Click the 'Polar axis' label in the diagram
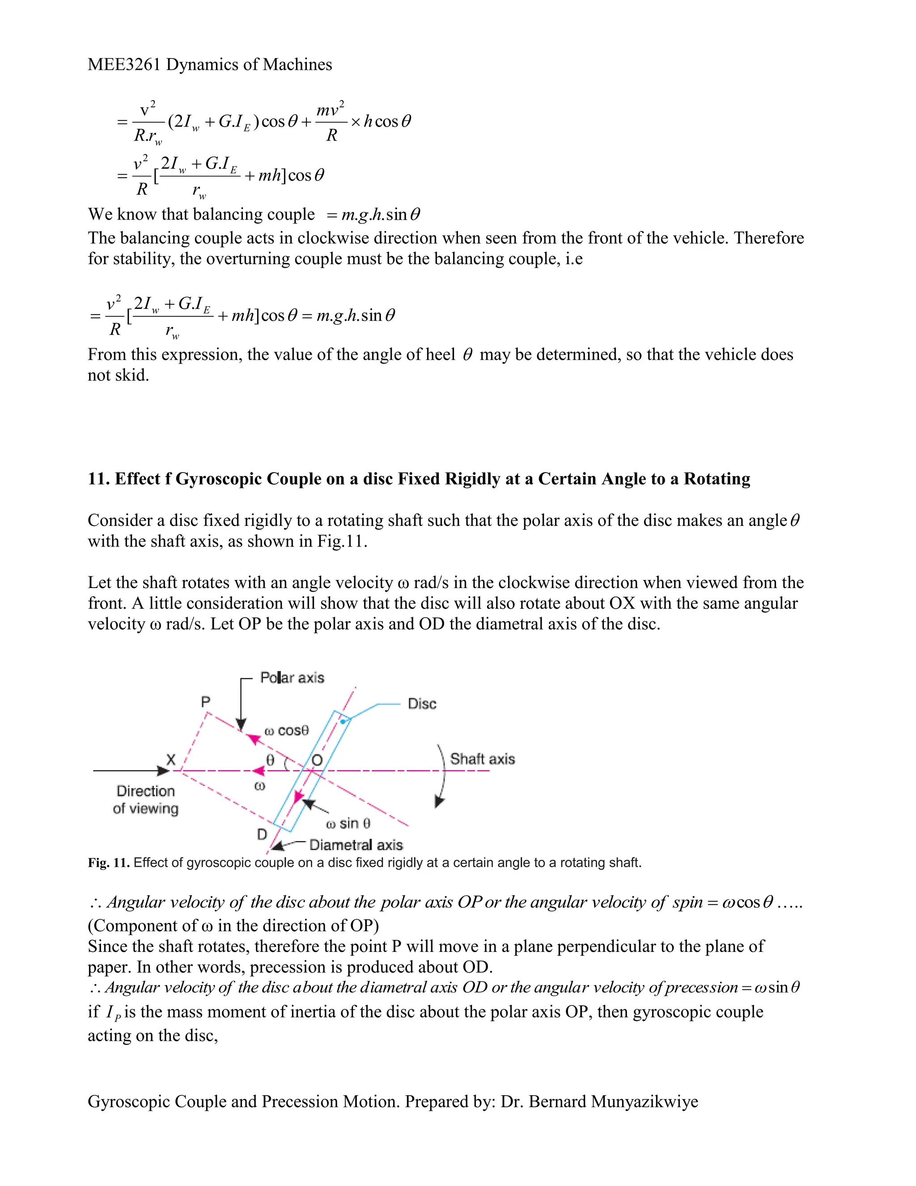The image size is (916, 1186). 292,678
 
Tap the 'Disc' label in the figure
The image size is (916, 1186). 422,704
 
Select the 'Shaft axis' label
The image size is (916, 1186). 482,759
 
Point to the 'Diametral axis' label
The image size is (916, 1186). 356,845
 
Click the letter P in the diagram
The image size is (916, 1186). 206,702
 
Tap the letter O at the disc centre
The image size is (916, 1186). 317,760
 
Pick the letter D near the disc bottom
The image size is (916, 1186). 262,834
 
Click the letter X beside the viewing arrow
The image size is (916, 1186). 170,759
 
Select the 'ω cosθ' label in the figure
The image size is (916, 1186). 287,731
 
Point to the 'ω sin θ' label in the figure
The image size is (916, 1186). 348,824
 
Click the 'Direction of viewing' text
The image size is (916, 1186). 145,799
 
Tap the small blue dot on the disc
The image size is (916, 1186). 343,722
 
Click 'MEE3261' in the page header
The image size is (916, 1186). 124,64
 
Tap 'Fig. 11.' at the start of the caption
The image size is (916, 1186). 109,863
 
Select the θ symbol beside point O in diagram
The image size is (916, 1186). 270,760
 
